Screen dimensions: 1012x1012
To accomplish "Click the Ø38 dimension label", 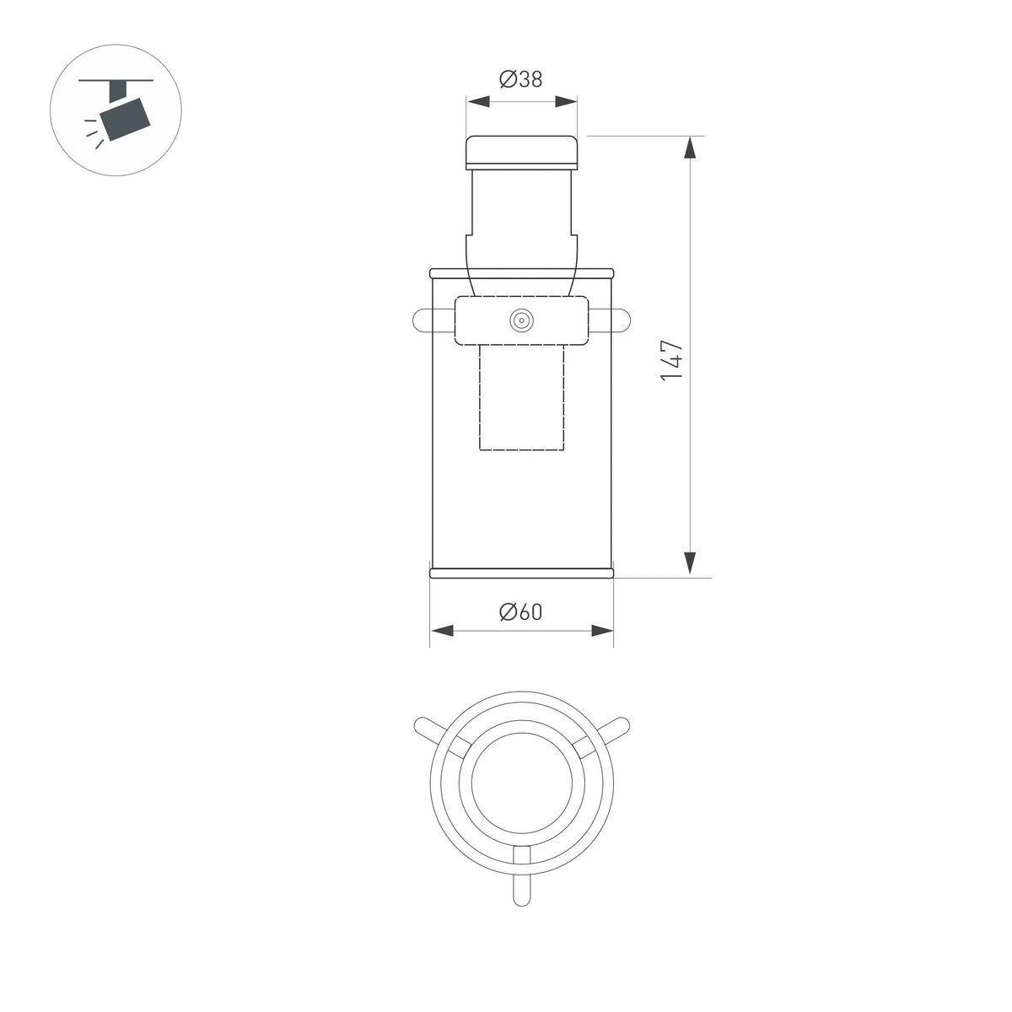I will click(520, 80).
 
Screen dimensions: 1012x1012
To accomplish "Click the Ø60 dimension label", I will click(520, 612).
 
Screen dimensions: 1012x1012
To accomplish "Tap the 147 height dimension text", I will click(672, 361).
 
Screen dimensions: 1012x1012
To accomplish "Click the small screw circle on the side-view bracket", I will click(522, 320).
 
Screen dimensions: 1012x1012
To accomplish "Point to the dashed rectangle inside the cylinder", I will click(521, 397).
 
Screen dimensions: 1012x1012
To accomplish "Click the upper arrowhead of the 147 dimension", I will click(691, 148).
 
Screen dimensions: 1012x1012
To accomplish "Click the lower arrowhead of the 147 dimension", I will click(691, 563).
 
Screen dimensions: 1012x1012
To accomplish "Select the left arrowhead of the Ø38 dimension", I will click(478, 101).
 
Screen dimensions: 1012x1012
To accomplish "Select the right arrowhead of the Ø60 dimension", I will click(602, 631).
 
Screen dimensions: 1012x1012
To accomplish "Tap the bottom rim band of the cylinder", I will click(522, 573).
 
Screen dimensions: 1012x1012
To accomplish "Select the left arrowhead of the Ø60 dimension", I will click(442, 631).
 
